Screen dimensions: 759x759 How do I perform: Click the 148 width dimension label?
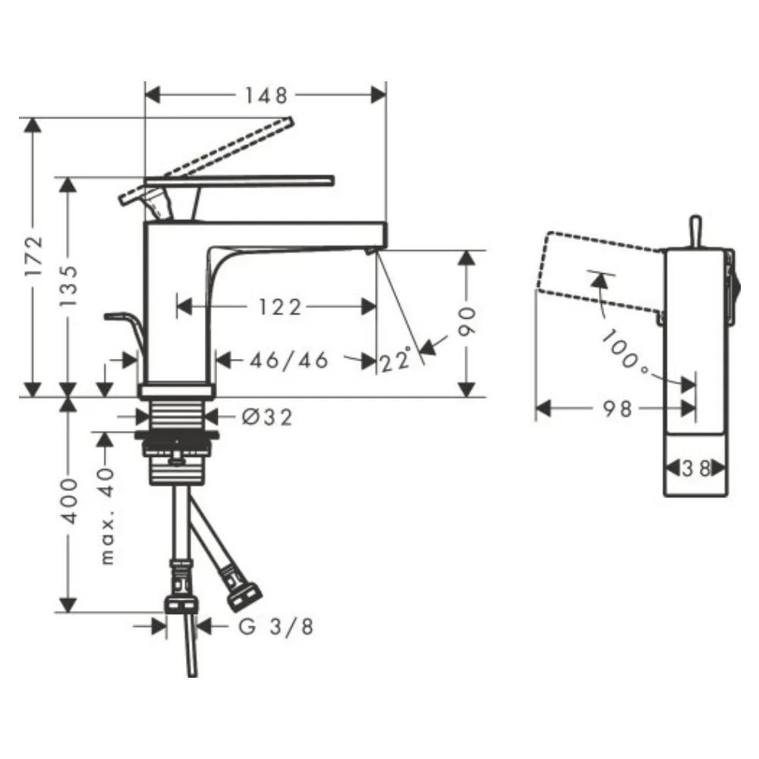[266, 96]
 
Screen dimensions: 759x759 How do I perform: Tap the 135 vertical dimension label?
[68, 285]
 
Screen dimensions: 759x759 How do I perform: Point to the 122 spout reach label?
[280, 307]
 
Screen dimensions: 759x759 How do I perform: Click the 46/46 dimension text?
[289, 360]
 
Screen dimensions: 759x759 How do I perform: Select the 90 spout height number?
[467, 320]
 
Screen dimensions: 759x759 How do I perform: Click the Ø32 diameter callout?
[267, 417]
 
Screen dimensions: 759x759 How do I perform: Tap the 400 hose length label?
[68, 500]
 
